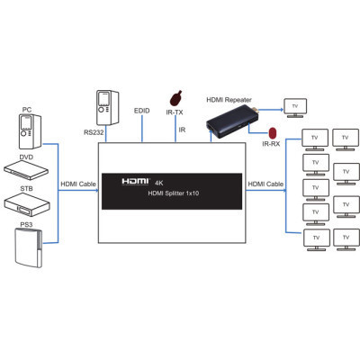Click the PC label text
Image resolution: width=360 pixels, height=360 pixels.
(x=26, y=110)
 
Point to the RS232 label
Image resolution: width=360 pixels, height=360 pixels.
(x=94, y=131)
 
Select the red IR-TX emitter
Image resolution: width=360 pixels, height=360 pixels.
(x=175, y=95)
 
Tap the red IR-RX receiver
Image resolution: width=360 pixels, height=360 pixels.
(x=269, y=129)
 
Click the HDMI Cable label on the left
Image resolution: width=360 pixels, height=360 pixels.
(x=77, y=184)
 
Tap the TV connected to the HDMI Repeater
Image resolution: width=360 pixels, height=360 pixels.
(x=294, y=107)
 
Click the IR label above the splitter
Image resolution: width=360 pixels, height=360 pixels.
(x=182, y=130)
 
